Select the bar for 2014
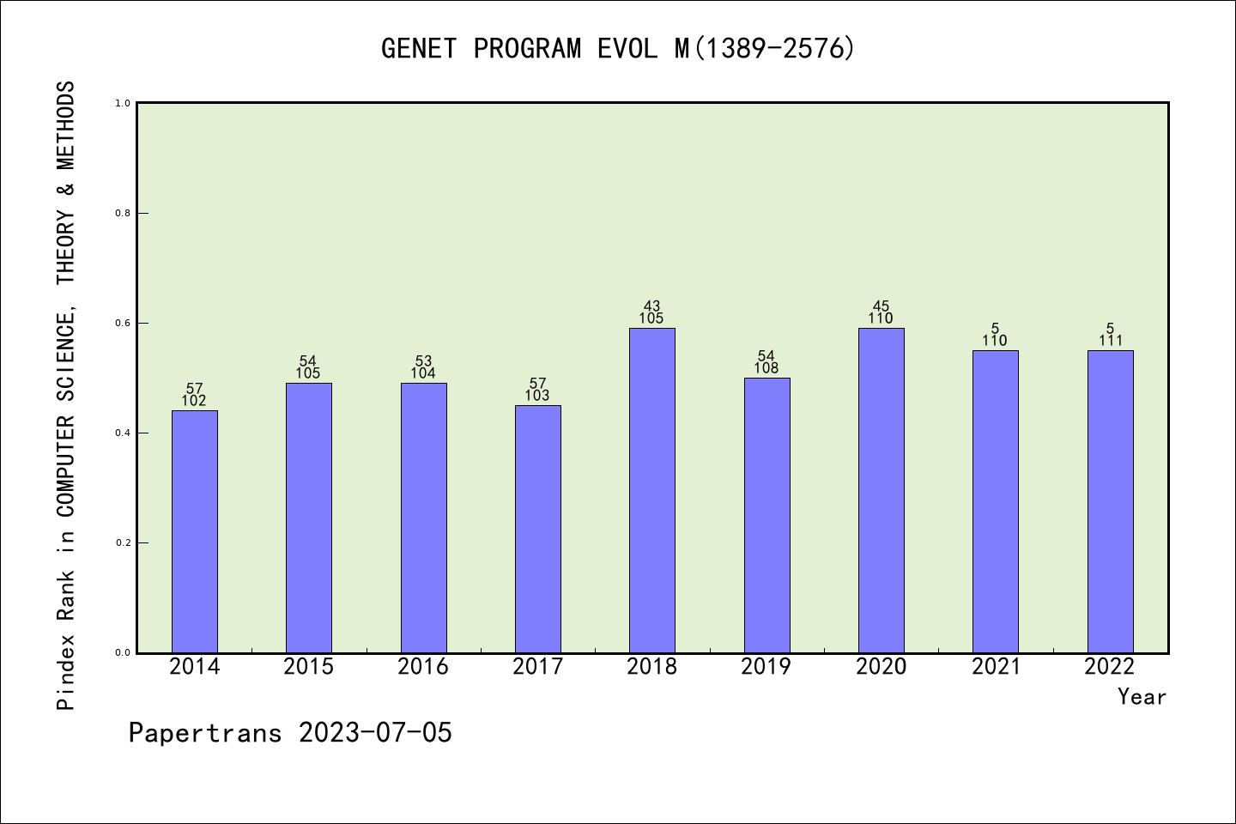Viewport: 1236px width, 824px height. click(x=195, y=531)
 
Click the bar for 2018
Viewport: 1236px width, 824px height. click(x=652, y=490)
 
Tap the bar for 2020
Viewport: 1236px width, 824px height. click(x=881, y=490)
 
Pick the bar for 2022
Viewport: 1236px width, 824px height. click(x=1110, y=501)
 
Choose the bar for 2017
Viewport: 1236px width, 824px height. click(x=538, y=529)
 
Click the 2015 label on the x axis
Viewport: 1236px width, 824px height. click(x=309, y=667)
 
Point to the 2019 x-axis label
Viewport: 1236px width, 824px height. click(x=766, y=667)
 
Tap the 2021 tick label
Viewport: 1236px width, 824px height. click(x=996, y=667)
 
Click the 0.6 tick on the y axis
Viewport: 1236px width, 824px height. click(x=123, y=324)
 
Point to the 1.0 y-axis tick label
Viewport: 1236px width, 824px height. click(x=123, y=104)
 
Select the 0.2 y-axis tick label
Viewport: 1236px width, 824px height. click(x=123, y=543)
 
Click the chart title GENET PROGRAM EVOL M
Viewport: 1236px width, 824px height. click(x=618, y=49)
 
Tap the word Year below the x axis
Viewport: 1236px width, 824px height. click(x=1142, y=697)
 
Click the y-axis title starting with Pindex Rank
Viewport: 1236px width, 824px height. click(x=66, y=395)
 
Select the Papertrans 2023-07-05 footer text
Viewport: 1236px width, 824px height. click(x=290, y=733)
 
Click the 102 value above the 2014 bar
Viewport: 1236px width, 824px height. click(x=194, y=401)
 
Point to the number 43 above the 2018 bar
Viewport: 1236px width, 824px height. click(x=652, y=306)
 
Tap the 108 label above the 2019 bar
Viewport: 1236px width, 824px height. click(x=766, y=368)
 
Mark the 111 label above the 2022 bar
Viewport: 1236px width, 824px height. click(x=1110, y=341)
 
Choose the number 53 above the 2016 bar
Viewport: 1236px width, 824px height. click(x=423, y=361)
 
